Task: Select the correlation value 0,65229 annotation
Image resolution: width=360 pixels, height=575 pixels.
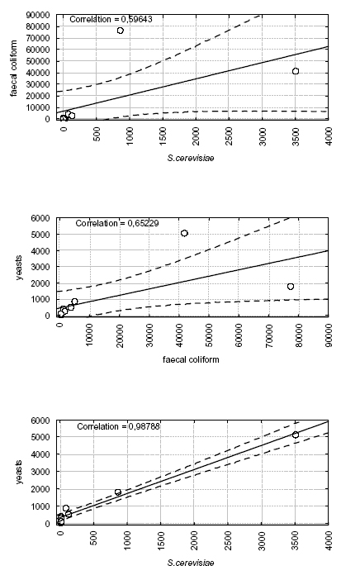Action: (x=143, y=223)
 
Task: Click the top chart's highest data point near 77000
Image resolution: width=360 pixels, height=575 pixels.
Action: (x=121, y=31)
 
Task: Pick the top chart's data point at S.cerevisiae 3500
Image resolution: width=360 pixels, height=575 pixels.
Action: (x=296, y=71)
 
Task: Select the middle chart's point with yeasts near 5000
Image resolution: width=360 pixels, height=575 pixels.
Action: (x=184, y=233)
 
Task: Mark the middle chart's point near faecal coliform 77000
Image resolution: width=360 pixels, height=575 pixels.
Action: (x=291, y=287)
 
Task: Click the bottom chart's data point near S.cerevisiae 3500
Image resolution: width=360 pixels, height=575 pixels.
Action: (x=296, y=435)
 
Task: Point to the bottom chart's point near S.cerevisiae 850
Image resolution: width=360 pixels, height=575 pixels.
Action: (x=118, y=492)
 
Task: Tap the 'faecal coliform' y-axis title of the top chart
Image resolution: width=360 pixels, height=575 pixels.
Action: (x=14, y=69)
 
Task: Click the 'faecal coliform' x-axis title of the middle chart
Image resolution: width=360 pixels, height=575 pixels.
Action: (x=191, y=359)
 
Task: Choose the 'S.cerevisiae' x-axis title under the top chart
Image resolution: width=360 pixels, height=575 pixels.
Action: (x=191, y=158)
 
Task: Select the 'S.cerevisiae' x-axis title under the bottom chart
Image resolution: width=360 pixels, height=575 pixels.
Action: (x=191, y=563)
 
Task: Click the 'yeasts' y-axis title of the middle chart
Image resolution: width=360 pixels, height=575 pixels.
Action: (x=19, y=268)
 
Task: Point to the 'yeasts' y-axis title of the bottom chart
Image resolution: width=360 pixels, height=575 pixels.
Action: (x=19, y=473)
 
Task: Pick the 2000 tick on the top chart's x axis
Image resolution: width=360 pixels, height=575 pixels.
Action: (x=197, y=136)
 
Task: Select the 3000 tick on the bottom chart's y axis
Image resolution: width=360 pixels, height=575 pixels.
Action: (x=43, y=472)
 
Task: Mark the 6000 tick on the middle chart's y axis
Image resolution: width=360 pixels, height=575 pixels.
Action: (x=43, y=218)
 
